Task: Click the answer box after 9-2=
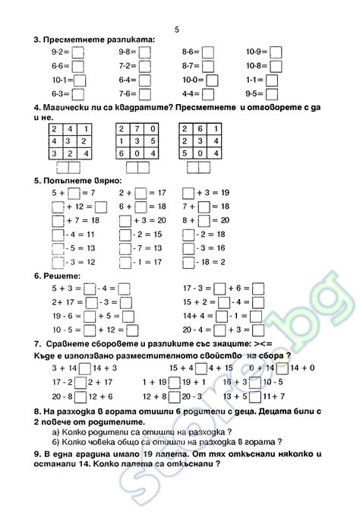coord(77,52)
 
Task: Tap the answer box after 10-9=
coord(276,52)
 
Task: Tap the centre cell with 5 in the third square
coord(201,140)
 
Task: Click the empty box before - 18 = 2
coord(188,261)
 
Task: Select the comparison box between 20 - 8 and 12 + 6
coord(81,396)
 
